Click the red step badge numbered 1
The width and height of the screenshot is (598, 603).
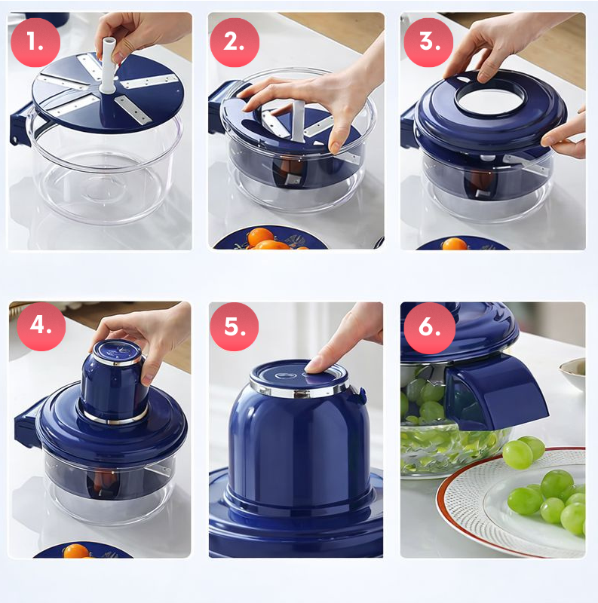(x=35, y=42)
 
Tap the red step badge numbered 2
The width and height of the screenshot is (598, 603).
(x=235, y=42)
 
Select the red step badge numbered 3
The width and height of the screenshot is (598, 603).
(x=428, y=42)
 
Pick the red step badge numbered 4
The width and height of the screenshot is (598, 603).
(x=41, y=326)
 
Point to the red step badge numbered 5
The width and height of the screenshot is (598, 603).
(x=235, y=326)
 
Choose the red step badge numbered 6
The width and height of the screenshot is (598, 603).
(x=429, y=328)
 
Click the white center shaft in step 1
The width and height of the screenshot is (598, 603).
(x=107, y=66)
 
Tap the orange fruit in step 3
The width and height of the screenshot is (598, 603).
(x=455, y=243)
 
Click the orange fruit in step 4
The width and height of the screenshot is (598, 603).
(x=76, y=551)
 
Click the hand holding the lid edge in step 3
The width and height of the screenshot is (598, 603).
(x=564, y=136)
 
